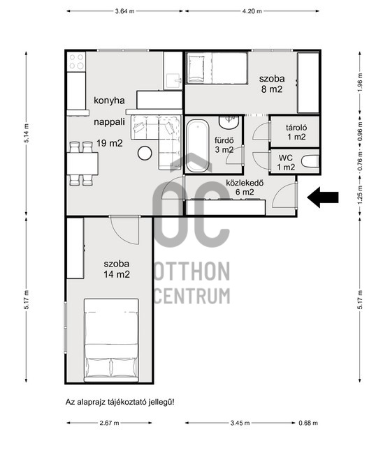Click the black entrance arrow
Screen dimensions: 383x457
click(323, 197)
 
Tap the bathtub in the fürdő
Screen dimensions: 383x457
click(198, 145)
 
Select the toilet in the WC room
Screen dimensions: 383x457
click(310, 161)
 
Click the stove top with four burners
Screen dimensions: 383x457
click(76, 62)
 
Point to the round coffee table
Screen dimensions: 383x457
click(145, 153)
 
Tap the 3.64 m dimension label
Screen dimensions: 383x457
click(125, 11)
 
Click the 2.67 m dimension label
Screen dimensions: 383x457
click(109, 423)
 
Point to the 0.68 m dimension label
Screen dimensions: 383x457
click(308, 423)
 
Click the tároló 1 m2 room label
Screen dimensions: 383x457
click(296, 132)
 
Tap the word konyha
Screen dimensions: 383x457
click(109, 101)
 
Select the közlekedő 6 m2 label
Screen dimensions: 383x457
click(245, 188)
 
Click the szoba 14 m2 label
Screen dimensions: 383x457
click(117, 269)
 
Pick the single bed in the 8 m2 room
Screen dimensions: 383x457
click(217, 68)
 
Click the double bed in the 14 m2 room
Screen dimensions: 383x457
click(111, 340)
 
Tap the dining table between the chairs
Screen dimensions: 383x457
click(82, 163)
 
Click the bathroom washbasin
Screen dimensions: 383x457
click(229, 122)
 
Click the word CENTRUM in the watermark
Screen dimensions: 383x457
click(191, 296)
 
